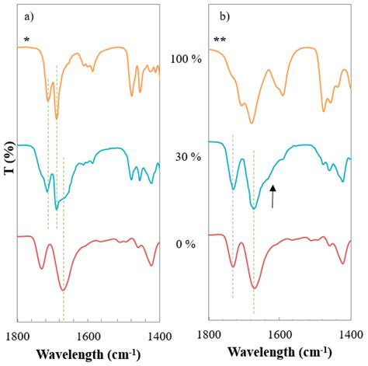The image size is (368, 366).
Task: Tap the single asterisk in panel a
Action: pos(27,38)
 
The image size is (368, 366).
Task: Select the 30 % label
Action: pos(186,157)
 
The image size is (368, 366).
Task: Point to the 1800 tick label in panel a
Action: pos(17,334)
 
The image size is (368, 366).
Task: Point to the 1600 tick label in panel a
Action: pos(88,334)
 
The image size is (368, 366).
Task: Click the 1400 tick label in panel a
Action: pos(158,334)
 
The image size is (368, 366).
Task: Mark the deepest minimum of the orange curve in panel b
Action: pos(252,122)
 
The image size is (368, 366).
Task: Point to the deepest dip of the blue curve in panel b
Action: pos(254,207)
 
